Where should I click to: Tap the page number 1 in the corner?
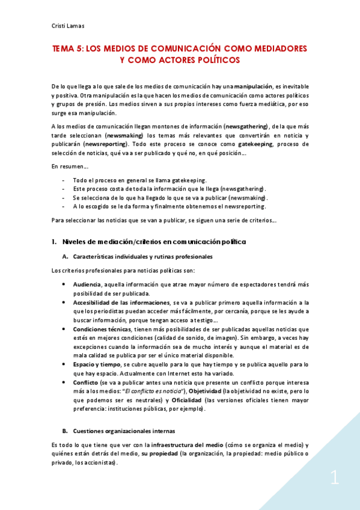point(335,479)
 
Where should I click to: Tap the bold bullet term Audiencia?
point(87,284)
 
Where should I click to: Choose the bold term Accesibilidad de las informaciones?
point(121,302)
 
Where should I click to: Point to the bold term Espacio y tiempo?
point(96,365)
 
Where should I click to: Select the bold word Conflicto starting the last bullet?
point(87,383)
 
